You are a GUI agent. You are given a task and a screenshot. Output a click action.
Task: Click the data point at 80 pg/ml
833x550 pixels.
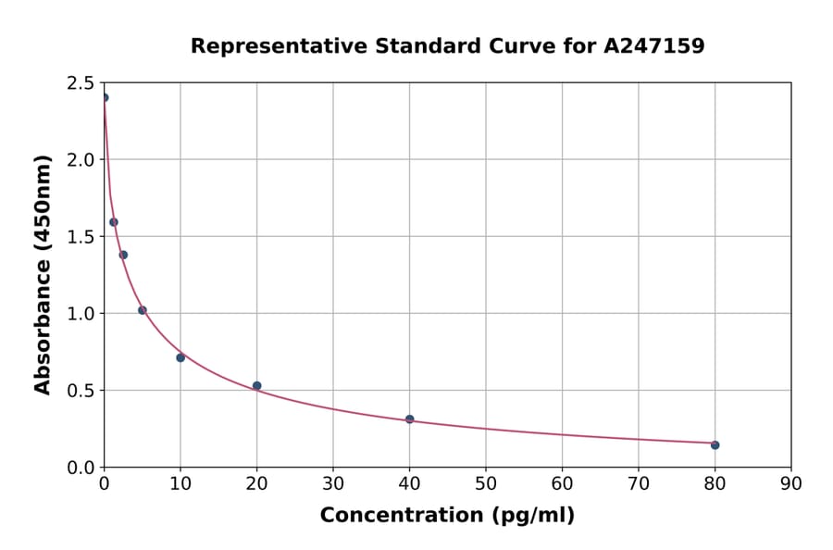715,445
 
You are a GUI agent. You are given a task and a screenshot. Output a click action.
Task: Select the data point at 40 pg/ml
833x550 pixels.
409,419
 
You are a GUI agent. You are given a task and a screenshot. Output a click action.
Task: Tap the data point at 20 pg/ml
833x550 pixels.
256,386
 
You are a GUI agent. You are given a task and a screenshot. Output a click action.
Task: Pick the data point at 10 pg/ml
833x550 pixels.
180,357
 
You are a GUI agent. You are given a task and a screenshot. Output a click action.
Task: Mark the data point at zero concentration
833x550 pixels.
105,97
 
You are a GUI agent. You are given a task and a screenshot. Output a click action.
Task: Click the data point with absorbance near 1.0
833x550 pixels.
143,310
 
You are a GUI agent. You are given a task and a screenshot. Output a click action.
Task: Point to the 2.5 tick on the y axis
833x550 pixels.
82,83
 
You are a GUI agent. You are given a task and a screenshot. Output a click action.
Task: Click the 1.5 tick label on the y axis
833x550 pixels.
82,237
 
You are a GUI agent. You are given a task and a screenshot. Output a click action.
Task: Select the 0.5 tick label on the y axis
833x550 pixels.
82,391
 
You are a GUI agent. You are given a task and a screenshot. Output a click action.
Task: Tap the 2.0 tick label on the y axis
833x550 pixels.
82,160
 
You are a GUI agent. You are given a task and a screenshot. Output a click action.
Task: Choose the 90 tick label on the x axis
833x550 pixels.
790,483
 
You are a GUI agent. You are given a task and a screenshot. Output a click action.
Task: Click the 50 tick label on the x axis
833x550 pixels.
485,483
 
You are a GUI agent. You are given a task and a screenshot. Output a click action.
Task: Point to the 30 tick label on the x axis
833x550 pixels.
333,483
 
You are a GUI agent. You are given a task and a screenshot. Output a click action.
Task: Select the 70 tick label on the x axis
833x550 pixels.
638,483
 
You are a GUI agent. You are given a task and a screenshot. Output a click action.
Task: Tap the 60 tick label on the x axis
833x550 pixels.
562,483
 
